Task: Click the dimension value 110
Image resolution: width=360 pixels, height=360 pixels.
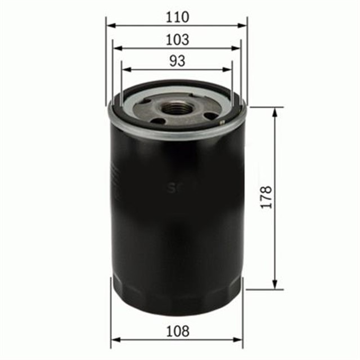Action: click(177, 17)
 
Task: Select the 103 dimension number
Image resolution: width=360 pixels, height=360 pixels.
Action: click(177, 40)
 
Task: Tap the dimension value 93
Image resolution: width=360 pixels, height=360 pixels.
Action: click(177, 61)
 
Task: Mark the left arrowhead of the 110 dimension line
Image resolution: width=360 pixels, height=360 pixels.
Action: click(110, 25)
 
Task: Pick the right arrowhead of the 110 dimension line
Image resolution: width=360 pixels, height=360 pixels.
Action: click(243, 25)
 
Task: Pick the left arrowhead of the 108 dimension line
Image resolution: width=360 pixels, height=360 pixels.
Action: click(115, 340)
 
